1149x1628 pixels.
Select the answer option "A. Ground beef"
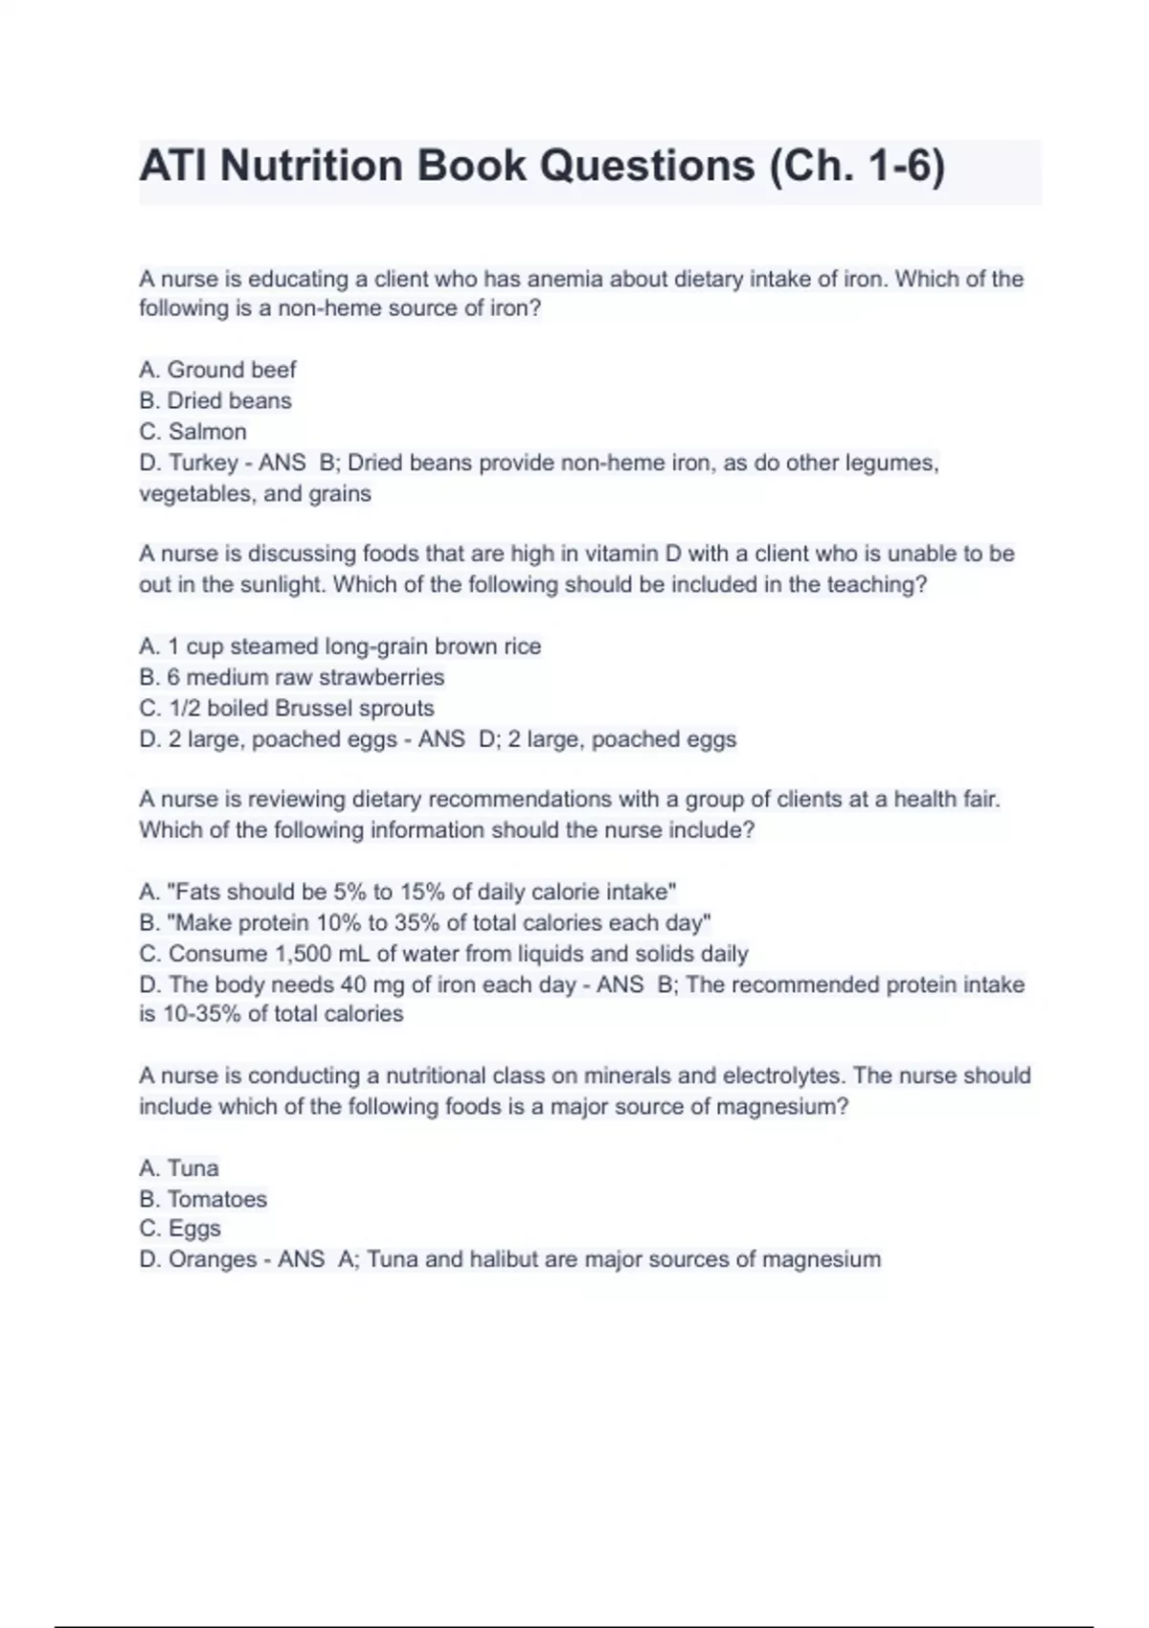coord(217,370)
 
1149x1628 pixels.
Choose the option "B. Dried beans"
coord(215,400)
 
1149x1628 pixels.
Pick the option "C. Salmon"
coord(192,431)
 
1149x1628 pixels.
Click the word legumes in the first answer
coord(892,463)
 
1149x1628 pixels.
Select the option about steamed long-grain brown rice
coord(340,646)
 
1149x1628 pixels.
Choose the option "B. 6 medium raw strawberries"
coord(292,677)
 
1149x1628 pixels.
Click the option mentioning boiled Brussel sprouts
coord(286,708)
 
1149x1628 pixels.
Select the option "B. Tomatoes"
coord(203,1199)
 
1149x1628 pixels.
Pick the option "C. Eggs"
coord(180,1229)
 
